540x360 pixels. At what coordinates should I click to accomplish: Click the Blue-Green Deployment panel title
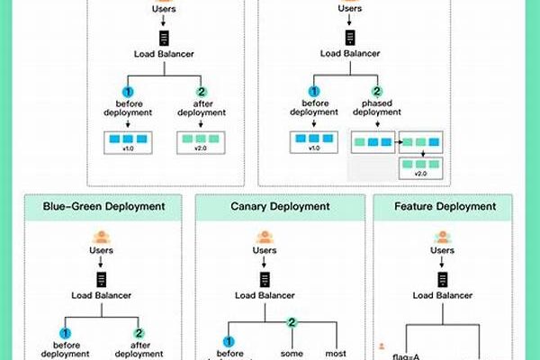pyautogui.click(x=104, y=206)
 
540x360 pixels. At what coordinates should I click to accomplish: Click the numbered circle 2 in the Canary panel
pyautogui.click(x=292, y=321)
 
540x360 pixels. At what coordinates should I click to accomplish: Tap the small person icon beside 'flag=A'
pyautogui.click(x=382, y=346)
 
